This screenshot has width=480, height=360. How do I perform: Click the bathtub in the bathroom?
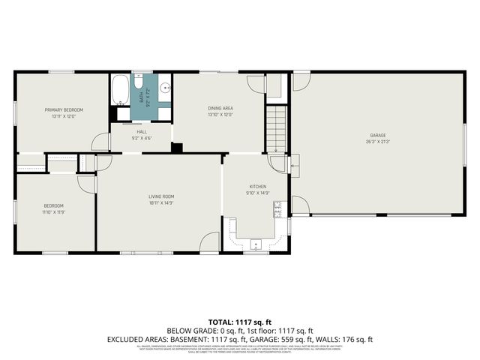pos(120,91)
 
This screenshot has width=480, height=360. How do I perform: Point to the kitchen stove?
pos(277,208)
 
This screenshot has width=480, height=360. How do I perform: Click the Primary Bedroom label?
pos(63,109)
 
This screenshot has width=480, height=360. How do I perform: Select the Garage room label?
pos(378,135)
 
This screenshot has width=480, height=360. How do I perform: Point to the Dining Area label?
pos(220,108)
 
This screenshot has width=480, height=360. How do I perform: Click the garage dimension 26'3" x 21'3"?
pos(378,141)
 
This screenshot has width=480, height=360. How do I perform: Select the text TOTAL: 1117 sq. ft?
pos(239,321)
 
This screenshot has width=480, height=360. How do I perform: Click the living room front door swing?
pos(211,242)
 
